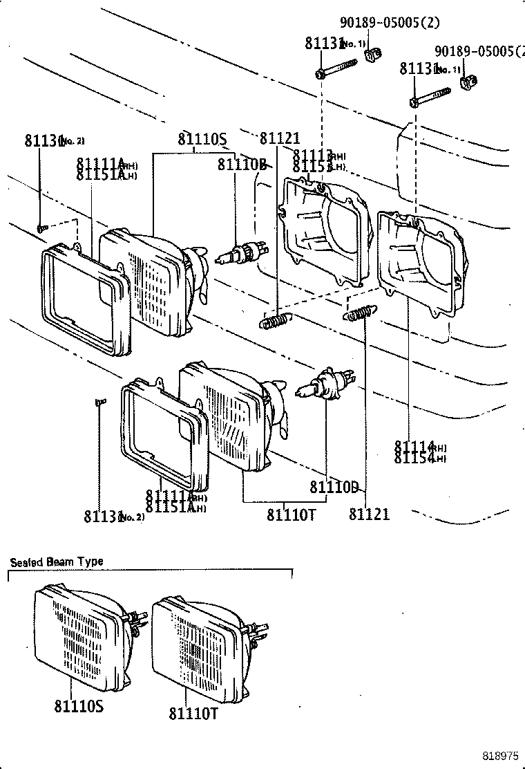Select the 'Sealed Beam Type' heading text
point(57,562)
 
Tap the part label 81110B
point(242,164)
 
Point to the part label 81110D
point(333,488)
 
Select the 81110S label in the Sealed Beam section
point(78,706)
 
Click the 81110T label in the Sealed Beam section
point(193,713)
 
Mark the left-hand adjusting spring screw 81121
point(275,321)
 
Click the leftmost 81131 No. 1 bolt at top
point(337,69)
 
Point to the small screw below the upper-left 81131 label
point(41,226)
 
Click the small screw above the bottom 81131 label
point(99,401)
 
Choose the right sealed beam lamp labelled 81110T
point(200,643)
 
